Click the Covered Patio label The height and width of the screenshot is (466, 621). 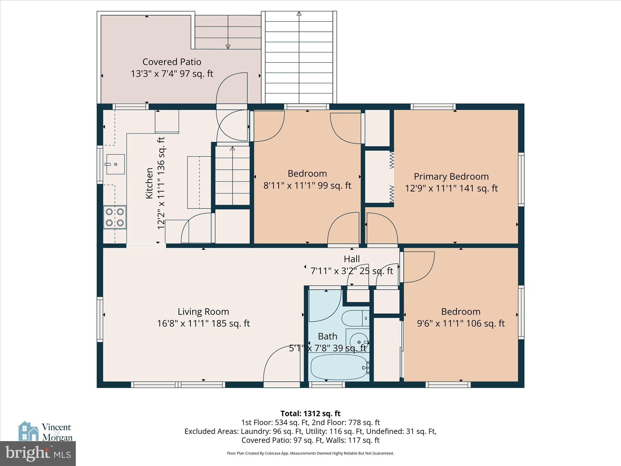172,62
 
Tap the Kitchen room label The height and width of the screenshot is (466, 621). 149,183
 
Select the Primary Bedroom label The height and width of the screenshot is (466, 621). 451,177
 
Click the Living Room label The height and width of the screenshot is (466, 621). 203,312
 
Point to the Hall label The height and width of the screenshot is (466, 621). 352,259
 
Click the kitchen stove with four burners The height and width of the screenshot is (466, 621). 115,217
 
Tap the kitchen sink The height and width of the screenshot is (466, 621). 116,164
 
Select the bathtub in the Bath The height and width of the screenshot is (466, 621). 340,367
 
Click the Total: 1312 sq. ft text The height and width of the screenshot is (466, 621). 310,414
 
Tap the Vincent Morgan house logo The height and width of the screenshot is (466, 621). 29,431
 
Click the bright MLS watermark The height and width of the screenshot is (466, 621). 38,453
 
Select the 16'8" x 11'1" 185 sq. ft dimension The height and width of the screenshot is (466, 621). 203,323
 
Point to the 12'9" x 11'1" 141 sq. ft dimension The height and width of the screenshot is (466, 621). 451,188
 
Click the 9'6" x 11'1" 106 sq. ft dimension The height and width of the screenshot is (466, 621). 461,323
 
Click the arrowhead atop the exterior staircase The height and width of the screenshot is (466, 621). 299,14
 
